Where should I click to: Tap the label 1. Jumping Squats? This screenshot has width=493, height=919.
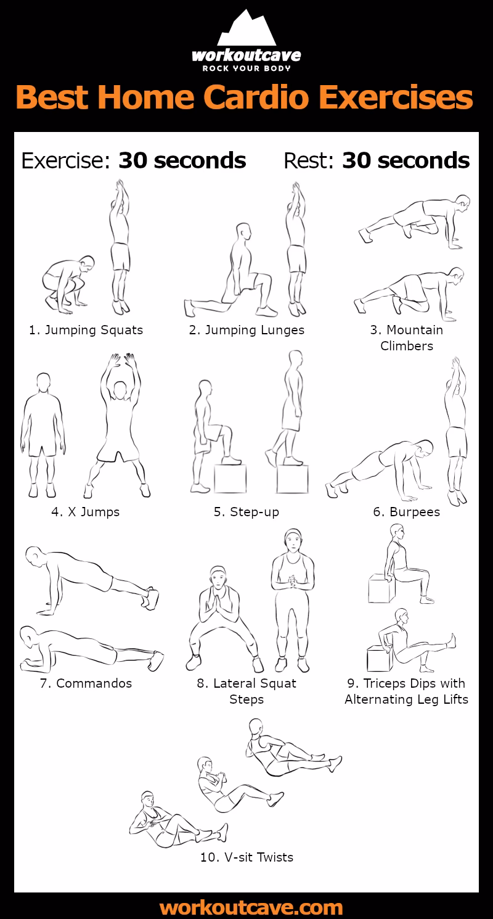click(x=86, y=330)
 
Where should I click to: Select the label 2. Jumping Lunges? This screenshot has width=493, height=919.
click(x=246, y=330)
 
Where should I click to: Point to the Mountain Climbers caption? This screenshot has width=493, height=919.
click(x=407, y=337)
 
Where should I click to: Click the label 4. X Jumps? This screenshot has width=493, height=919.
click(x=86, y=511)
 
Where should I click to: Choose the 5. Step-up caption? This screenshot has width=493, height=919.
click(x=246, y=511)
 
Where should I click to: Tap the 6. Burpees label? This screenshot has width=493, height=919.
click(x=407, y=511)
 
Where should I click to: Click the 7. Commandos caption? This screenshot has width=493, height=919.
click(x=86, y=683)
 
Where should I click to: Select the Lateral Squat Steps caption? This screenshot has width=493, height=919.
click(x=246, y=691)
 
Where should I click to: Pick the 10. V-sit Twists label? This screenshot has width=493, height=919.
click(x=246, y=857)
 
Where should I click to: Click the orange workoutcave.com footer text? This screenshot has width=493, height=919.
click(x=251, y=907)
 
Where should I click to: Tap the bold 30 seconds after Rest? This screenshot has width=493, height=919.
click(x=405, y=160)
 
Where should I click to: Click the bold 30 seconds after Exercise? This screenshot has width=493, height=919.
click(x=182, y=160)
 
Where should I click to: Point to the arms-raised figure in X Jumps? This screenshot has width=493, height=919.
click(x=119, y=426)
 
